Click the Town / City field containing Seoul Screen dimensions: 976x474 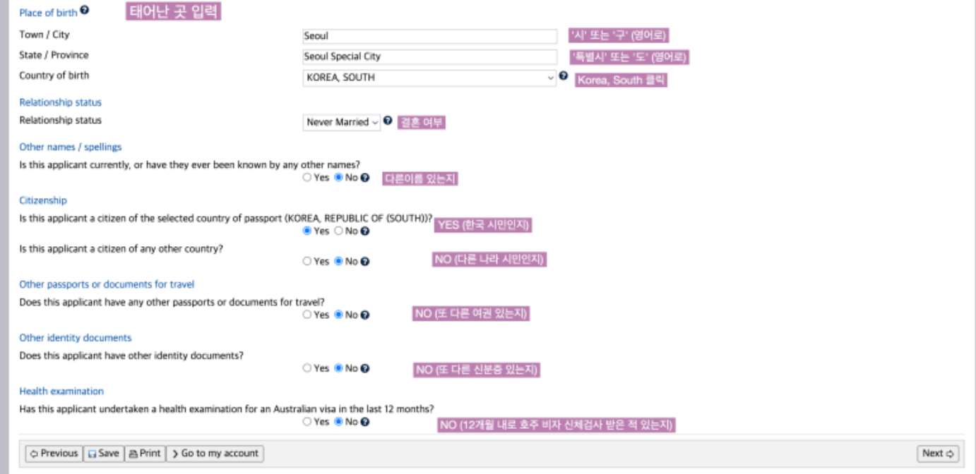pyautogui.click(x=429, y=36)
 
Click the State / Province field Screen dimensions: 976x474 pyautogui.click(x=429, y=56)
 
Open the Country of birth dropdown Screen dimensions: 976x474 pyautogui.click(x=429, y=78)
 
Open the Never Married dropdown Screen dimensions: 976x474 pyautogui.click(x=342, y=122)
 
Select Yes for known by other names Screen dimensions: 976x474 pyautogui.click(x=307, y=178)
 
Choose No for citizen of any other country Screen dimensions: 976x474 pyautogui.click(x=339, y=262)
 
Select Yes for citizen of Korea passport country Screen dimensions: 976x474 pyautogui.click(x=307, y=231)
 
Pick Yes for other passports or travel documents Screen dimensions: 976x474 pyautogui.click(x=307, y=315)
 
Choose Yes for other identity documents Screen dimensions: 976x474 pyautogui.click(x=307, y=368)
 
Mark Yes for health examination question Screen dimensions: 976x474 pyautogui.click(x=307, y=422)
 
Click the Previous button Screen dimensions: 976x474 pyautogui.click(x=54, y=454)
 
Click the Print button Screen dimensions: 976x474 pyautogui.click(x=145, y=454)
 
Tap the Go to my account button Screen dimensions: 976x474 pyautogui.click(x=215, y=454)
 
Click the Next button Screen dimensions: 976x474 pyautogui.click(x=938, y=454)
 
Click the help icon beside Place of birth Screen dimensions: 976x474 pyautogui.click(x=85, y=11)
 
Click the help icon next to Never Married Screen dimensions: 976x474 pyautogui.click(x=388, y=121)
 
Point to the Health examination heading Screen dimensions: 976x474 pyautogui.click(x=61, y=391)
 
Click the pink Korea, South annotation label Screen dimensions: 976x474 pyautogui.click(x=621, y=80)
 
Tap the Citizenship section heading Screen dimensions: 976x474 pyautogui.click(x=43, y=200)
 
